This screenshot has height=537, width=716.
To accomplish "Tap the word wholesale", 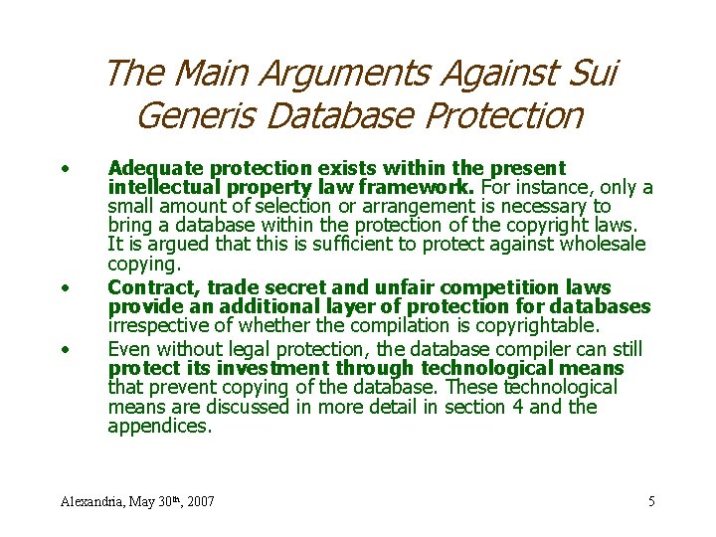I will [600, 244].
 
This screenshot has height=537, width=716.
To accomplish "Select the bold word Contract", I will [144, 287].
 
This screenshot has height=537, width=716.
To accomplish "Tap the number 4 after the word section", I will [505, 407].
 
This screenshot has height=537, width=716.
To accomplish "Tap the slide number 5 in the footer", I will [651, 501].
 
